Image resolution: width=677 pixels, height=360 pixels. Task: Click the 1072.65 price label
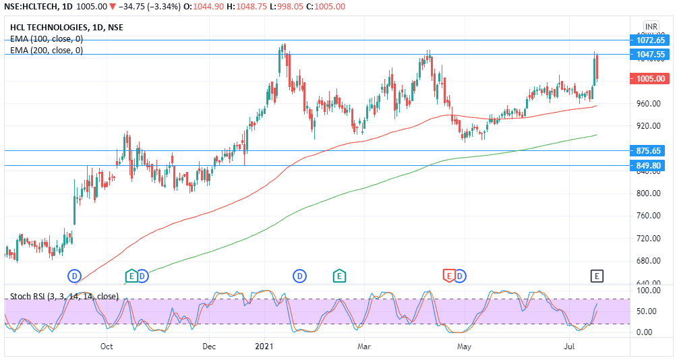pyautogui.click(x=651, y=40)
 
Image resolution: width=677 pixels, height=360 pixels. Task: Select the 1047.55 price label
pyautogui.click(x=651, y=54)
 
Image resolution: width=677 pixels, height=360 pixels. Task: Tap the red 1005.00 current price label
pyautogui.click(x=651, y=79)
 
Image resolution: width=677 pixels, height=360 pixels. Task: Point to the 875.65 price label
pyautogui.click(x=651, y=150)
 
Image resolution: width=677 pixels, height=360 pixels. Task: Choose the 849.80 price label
pyautogui.click(x=651, y=165)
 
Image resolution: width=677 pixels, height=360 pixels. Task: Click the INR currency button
pyautogui.click(x=651, y=26)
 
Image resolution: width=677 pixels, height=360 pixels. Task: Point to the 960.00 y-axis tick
pyautogui.click(x=648, y=104)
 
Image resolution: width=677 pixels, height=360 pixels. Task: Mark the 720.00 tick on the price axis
pyautogui.click(x=648, y=239)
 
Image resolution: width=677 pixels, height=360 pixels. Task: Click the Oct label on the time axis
pyautogui.click(x=107, y=347)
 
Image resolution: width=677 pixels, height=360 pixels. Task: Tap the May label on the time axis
pyautogui.click(x=463, y=347)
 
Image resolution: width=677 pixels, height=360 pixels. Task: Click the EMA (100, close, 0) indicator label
pyautogui.click(x=47, y=39)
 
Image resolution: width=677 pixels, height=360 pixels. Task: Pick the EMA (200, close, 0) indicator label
pyautogui.click(x=47, y=51)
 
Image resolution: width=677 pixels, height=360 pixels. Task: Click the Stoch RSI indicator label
pyautogui.click(x=64, y=297)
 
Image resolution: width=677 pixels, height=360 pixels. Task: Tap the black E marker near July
pyautogui.click(x=596, y=275)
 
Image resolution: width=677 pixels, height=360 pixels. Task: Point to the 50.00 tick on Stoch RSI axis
pyautogui.click(x=646, y=311)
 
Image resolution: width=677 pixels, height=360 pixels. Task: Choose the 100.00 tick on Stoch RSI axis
pyautogui.click(x=646, y=291)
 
